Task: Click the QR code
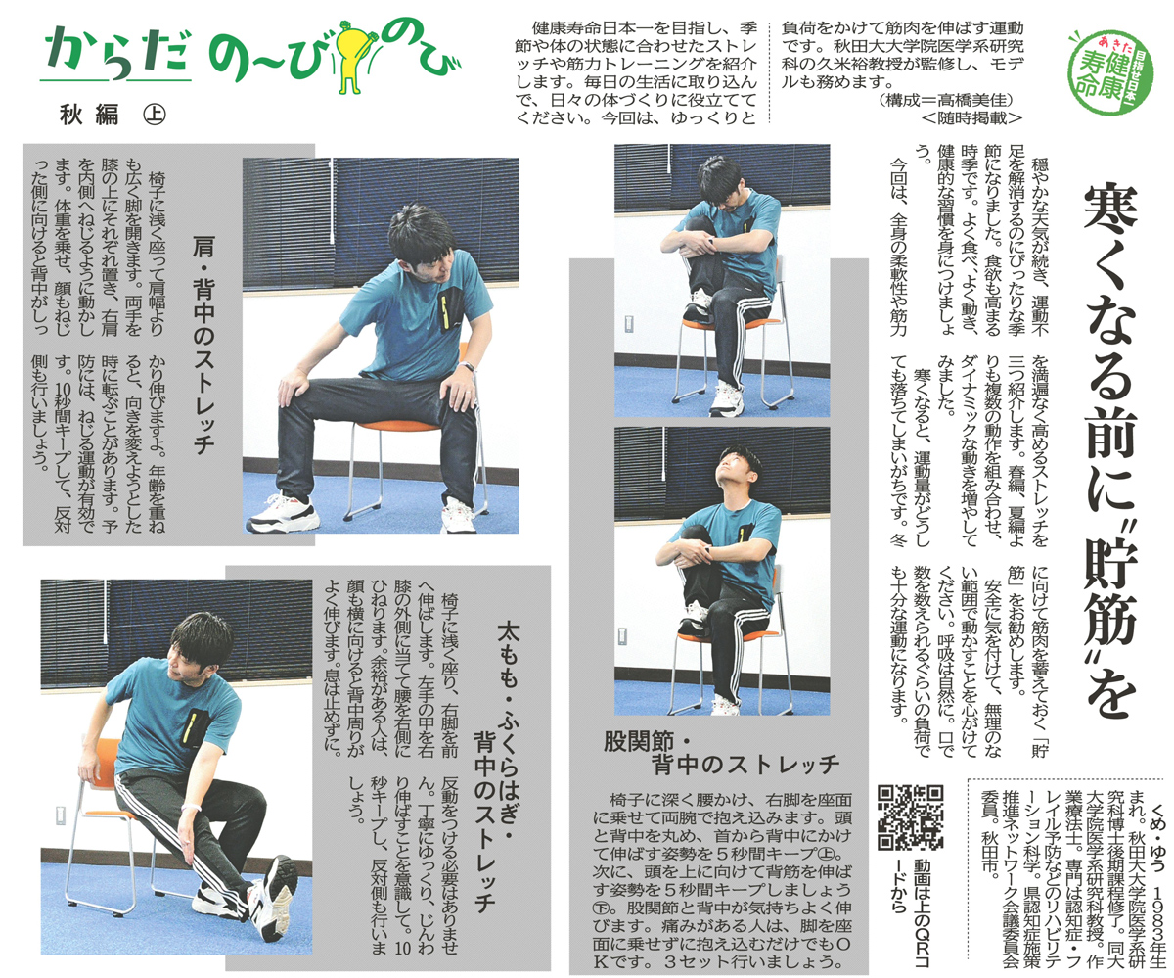coord(910,817)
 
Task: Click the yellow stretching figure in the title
coord(352,55)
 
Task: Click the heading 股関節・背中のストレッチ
coord(721,754)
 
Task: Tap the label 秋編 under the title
coord(89,115)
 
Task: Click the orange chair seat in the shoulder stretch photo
coord(404,423)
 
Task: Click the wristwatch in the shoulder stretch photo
coord(468,367)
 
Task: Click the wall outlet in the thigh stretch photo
coord(60,815)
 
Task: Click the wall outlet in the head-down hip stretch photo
coord(625,325)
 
